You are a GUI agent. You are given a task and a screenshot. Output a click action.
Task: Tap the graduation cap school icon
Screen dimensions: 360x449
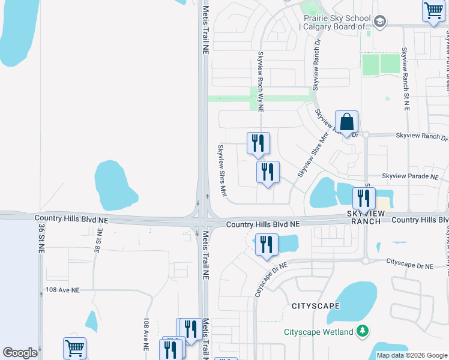[379, 22]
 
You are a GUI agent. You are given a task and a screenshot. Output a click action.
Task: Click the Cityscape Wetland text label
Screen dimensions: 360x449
[318, 332]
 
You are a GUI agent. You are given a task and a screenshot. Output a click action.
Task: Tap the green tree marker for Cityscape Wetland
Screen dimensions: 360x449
[362, 331]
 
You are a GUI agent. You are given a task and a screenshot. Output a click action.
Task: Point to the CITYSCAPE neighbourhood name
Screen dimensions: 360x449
[315, 306]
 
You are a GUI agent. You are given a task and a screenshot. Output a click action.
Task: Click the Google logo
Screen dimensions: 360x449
[20, 353]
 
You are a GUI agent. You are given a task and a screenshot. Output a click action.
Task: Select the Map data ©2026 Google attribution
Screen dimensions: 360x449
[412, 355]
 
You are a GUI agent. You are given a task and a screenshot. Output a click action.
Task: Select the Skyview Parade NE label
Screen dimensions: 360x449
[411, 176]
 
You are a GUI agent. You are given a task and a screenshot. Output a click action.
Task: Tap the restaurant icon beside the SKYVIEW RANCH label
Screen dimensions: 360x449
[364, 199]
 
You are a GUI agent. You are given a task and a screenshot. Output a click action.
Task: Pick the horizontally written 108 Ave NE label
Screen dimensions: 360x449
[62, 290]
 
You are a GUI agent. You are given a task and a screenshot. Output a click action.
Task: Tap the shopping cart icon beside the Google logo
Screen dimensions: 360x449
[74, 348]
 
